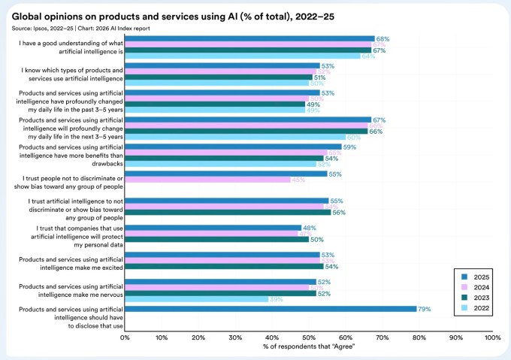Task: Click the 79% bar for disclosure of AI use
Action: coord(271,308)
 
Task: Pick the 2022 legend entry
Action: coord(473,308)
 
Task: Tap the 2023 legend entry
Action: coord(473,298)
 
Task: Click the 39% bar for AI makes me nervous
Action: coord(196,299)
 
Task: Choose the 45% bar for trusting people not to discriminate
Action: coord(207,180)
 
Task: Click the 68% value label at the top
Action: coord(382,38)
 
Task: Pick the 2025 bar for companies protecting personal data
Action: coord(213,228)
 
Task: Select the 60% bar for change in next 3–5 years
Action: coord(235,137)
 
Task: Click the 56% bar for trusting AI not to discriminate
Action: coord(228,212)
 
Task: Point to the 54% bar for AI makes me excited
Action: coord(224,266)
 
